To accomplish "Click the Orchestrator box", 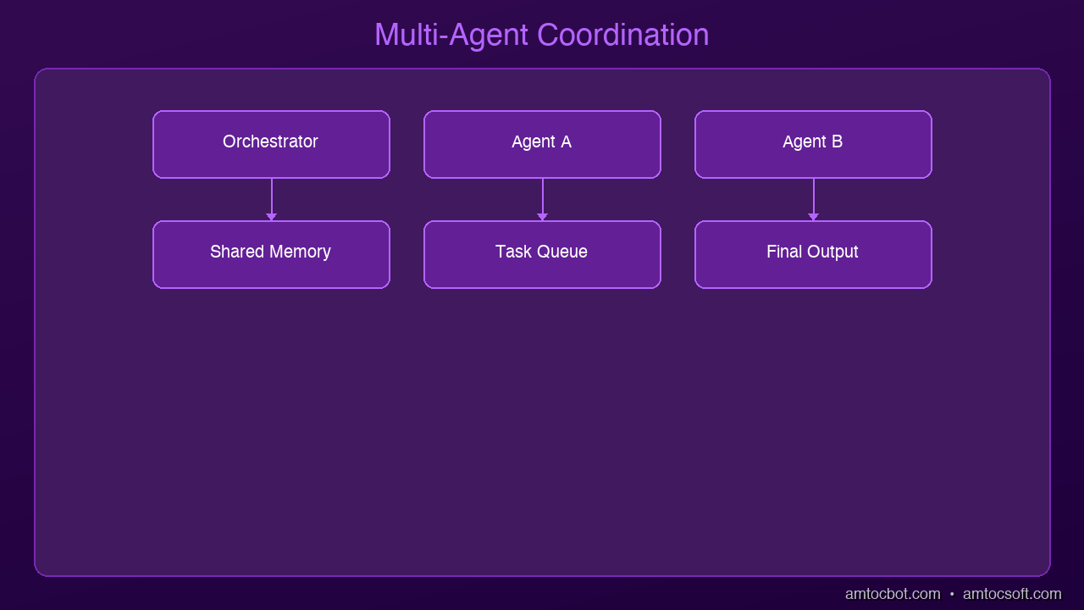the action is pos(271,144).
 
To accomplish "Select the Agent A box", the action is pos(542,144).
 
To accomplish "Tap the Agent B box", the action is pos(813,144).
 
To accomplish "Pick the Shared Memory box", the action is pos(271,255).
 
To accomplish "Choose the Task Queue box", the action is pos(542,255).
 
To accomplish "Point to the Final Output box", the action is pos(813,255).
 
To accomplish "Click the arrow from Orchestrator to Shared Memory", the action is pos(272,199).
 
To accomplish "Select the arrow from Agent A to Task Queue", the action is pos(543,199).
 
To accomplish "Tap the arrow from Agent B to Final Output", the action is pos(814,199).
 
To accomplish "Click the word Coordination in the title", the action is pos(622,35).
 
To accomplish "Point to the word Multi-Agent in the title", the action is pos(451,36).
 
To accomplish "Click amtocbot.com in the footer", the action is pos(893,594).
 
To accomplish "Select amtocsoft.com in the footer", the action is pos(1012,594).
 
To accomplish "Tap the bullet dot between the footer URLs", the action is pos(952,594).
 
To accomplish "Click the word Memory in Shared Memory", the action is pos(300,252).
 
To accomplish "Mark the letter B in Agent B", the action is pos(838,141).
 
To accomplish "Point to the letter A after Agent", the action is pos(567,141).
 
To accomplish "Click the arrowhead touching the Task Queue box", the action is pos(543,217).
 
